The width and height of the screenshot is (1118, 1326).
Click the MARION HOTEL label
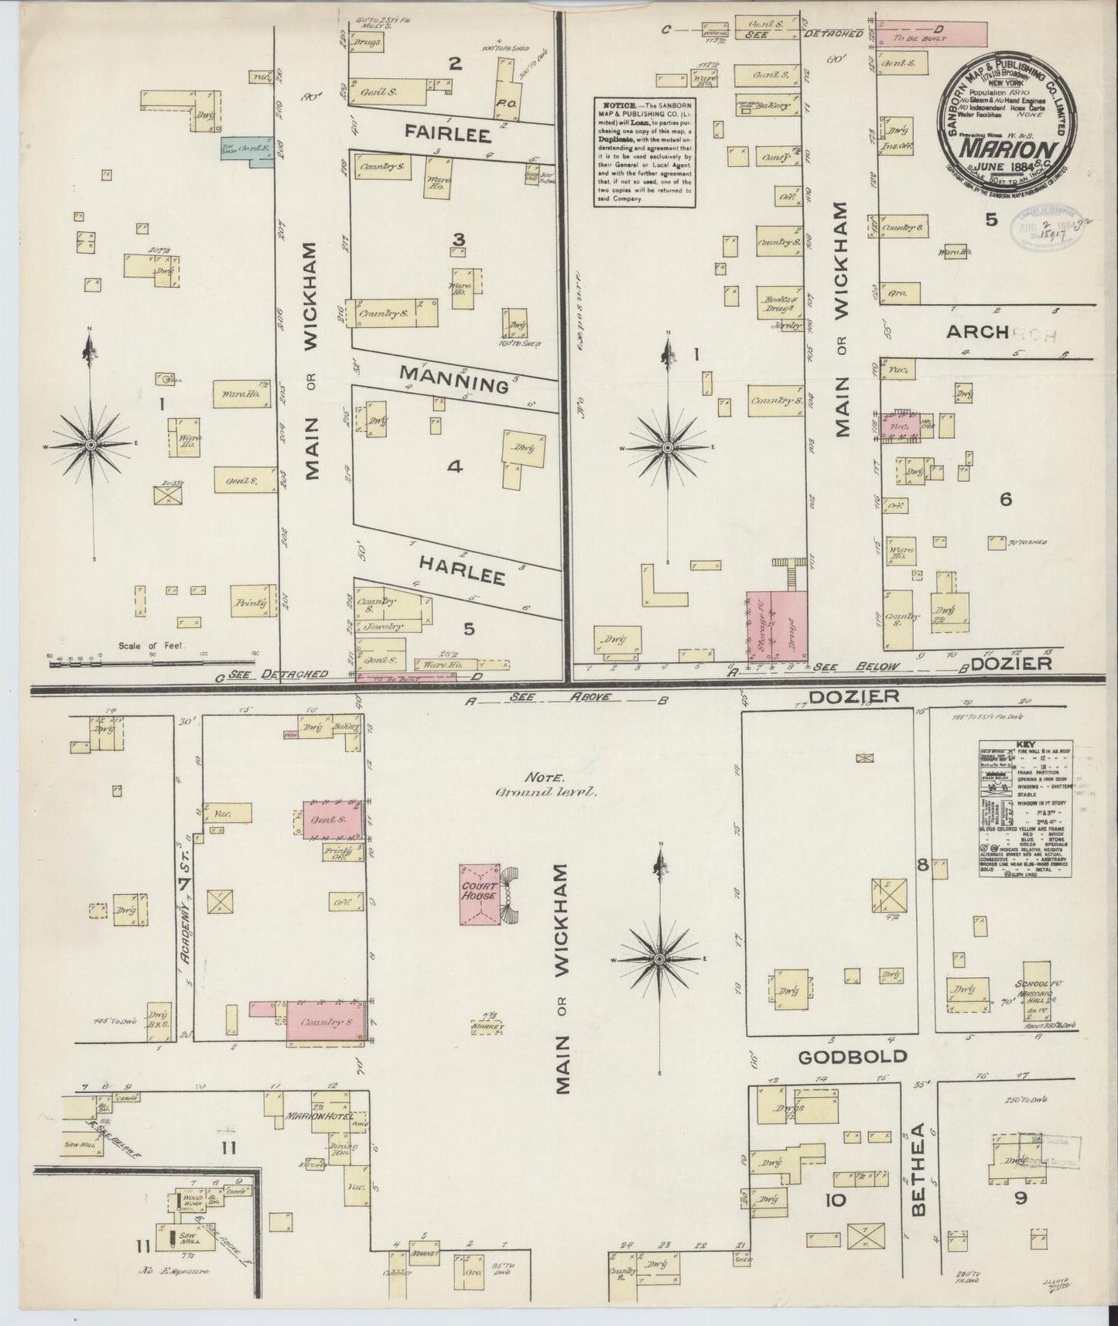(x=319, y=1117)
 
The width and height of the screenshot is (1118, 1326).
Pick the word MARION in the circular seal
(x=1005, y=147)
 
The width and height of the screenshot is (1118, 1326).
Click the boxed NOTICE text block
(x=644, y=152)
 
